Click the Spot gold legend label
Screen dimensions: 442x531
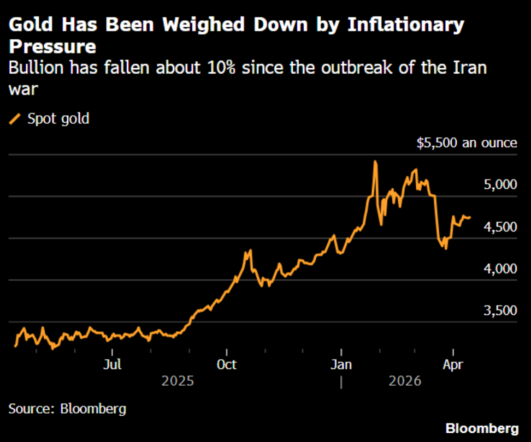[x=58, y=118]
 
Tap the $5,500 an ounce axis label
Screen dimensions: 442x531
[x=467, y=143]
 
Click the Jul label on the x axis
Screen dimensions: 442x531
[x=113, y=363]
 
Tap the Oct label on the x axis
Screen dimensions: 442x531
[x=226, y=363]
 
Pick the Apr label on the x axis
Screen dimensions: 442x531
[x=453, y=363]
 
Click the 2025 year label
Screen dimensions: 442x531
[x=178, y=380]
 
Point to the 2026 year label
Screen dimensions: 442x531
[x=405, y=380]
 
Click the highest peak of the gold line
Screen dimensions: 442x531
[x=375, y=162]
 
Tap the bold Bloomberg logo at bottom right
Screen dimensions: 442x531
[x=481, y=428]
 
